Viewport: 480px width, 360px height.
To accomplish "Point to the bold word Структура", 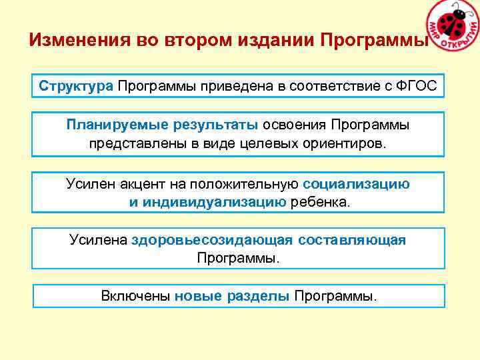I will tap(76, 86).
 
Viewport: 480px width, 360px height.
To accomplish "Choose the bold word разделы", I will tap(257, 296).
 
